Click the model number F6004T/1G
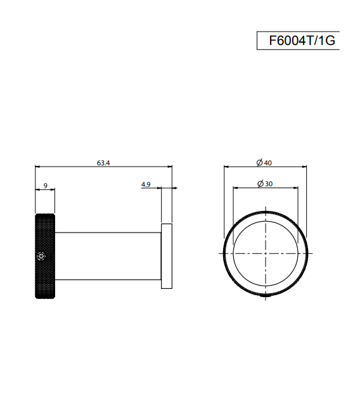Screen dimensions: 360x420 [x=302, y=41]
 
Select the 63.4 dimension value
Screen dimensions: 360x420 [x=103, y=163]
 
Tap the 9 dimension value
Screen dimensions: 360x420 [x=45, y=186]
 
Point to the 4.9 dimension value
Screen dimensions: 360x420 [x=146, y=184]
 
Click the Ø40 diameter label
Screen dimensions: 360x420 [x=264, y=163]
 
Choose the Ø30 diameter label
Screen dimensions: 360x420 [x=265, y=184]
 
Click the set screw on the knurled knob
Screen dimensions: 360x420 [x=41, y=256]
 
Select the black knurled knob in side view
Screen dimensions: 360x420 [x=45, y=256]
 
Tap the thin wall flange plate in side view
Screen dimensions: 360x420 [x=167, y=256]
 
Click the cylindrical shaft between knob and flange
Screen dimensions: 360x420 [x=108, y=256]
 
